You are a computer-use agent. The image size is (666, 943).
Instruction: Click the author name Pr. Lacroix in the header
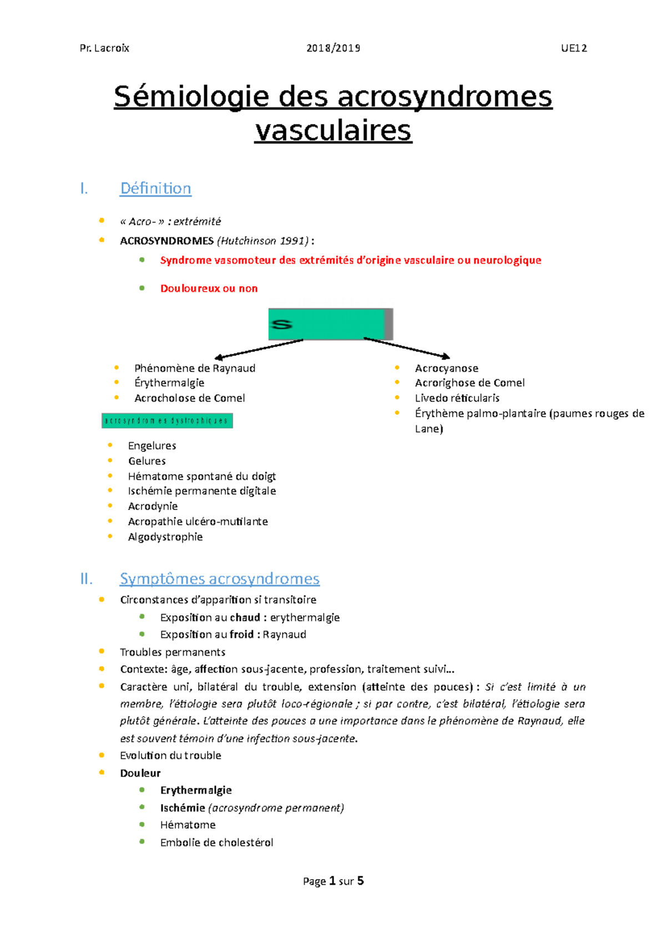click(104, 48)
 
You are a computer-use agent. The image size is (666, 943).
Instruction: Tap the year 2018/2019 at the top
click(333, 48)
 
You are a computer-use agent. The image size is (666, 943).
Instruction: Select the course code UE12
click(573, 48)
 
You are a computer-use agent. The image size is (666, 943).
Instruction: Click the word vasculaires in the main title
click(333, 131)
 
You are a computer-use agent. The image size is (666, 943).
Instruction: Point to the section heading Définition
click(155, 188)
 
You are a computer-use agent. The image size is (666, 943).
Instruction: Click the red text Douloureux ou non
click(209, 288)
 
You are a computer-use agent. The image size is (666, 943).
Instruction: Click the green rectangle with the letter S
click(327, 324)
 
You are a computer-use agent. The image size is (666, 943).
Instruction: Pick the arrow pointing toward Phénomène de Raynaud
click(259, 349)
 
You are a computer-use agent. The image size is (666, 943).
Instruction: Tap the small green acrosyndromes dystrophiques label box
click(167, 420)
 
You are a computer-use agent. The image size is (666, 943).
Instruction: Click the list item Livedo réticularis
click(457, 398)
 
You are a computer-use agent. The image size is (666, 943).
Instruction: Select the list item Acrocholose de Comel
click(189, 398)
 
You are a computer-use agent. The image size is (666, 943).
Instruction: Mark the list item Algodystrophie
click(165, 536)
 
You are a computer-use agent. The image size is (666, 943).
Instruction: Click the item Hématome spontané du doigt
click(201, 476)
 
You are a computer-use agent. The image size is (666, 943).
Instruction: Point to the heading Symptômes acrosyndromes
click(219, 579)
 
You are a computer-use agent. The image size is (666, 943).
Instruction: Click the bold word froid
click(241, 634)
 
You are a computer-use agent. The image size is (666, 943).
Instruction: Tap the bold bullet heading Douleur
click(140, 773)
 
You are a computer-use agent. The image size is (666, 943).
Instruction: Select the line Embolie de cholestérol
click(216, 842)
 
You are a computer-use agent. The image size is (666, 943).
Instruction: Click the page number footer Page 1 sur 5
click(333, 881)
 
